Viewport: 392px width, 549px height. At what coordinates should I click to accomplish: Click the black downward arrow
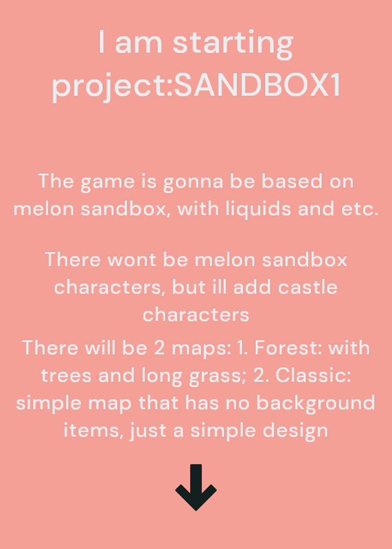click(196, 487)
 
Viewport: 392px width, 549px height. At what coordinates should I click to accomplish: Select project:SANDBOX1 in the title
click(196, 86)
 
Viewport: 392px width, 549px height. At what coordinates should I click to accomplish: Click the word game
click(108, 183)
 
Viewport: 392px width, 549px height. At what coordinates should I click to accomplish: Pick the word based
click(292, 181)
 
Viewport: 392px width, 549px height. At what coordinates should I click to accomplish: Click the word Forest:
click(290, 348)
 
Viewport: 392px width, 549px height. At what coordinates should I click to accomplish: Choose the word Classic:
click(313, 375)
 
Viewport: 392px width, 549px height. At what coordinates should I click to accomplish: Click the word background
click(316, 403)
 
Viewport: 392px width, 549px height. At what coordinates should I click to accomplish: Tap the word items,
click(93, 431)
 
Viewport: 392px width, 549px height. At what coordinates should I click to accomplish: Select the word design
click(295, 431)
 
